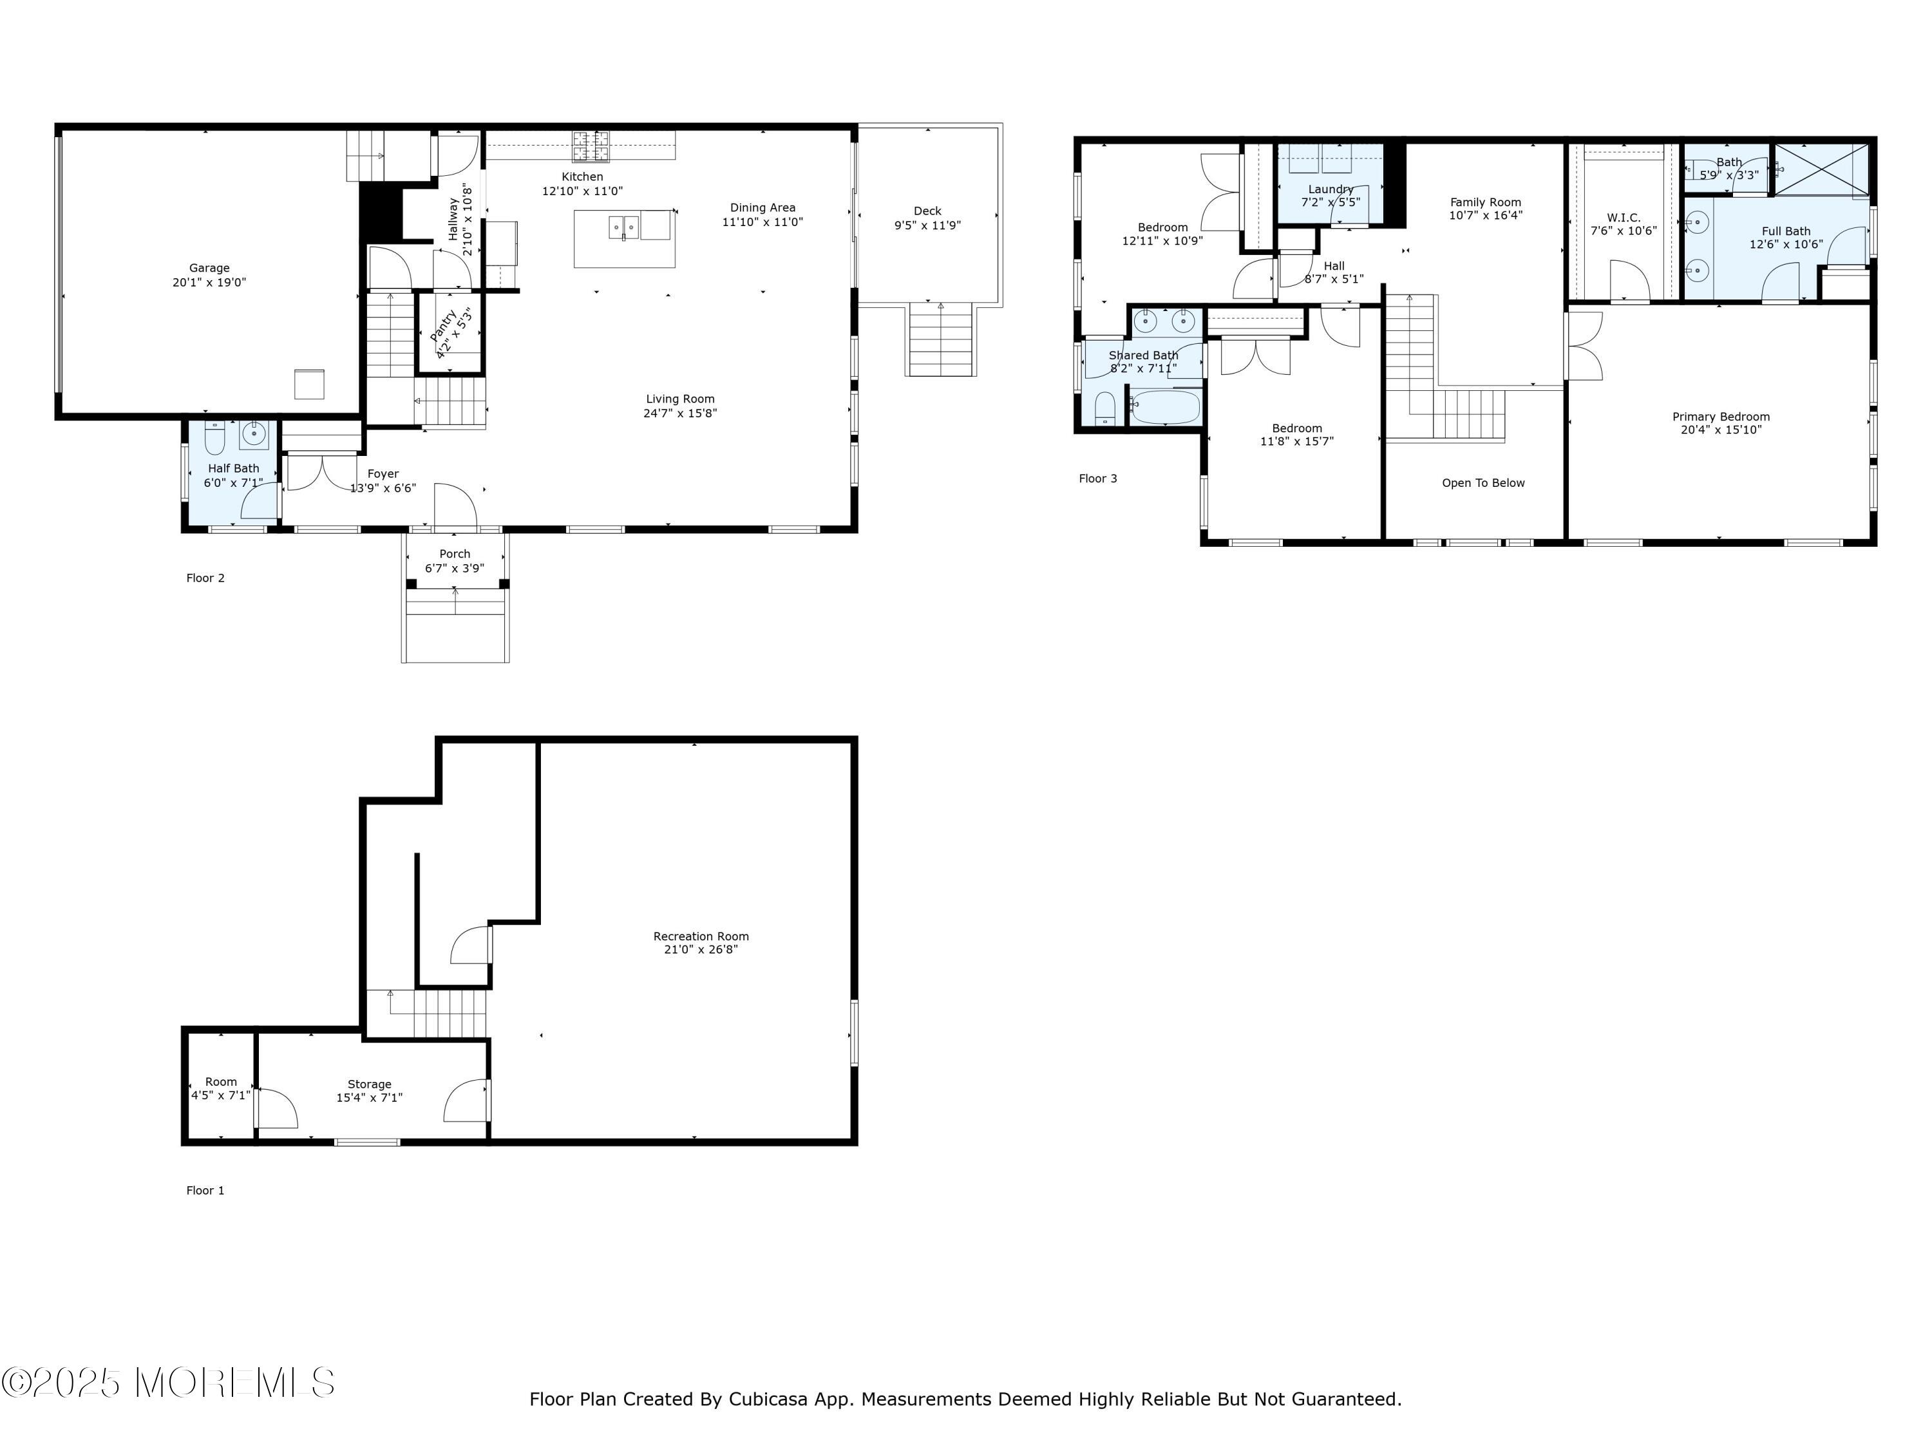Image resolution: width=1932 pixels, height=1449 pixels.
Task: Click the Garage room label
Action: tap(209, 268)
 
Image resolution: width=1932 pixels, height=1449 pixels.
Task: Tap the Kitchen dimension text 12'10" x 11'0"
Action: tap(583, 191)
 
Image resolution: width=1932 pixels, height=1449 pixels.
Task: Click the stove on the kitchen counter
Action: tap(591, 146)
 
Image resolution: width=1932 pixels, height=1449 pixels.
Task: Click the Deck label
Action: tap(927, 211)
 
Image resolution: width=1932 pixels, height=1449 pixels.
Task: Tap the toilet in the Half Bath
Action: tap(215, 439)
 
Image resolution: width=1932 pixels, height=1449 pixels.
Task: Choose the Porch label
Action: tap(455, 554)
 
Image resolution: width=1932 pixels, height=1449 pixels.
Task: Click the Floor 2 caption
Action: tap(205, 578)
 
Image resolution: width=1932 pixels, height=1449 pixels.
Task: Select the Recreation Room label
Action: tap(701, 936)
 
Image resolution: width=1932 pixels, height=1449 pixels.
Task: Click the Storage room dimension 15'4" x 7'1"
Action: tap(370, 1098)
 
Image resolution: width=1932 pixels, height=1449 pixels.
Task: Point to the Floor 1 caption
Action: tap(205, 1191)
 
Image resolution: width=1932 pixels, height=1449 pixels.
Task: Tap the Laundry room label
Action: tap(1331, 189)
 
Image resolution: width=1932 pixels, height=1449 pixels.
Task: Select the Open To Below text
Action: tap(1483, 483)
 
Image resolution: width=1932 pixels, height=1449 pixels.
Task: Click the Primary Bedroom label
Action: tap(1721, 417)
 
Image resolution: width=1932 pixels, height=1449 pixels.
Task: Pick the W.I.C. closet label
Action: tap(1624, 218)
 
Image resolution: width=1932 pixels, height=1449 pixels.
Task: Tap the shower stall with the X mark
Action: tap(1821, 169)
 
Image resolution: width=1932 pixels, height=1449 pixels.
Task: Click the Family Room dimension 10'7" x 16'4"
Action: tap(1486, 215)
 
